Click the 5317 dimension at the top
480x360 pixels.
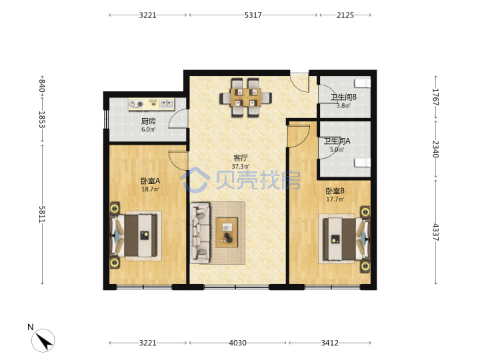pyautogui.click(x=253, y=15)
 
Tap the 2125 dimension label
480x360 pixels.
pyautogui.click(x=345, y=15)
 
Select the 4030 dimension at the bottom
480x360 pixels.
pyautogui.click(x=237, y=343)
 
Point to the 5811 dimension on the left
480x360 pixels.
pyautogui.click(x=42, y=214)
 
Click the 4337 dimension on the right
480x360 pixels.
pyautogui.click(x=435, y=233)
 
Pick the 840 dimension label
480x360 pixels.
pyautogui.click(x=42, y=85)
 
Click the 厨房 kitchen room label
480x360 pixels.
pyautogui.click(x=149, y=121)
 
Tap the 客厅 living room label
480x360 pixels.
pyautogui.click(x=240, y=158)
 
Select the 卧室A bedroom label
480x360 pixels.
pyautogui.click(x=150, y=181)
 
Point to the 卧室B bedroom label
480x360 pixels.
pyautogui.click(x=335, y=191)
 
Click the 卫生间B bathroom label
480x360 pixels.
pyautogui.click(x=343, y=97)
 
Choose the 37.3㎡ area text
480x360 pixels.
pyautogui.click(x=240, y=167)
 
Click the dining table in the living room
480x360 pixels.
pyautogui.click(x=246, y=98)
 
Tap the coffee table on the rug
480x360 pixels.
pyautogui.click(x=227, y=233)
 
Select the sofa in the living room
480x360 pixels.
pyautogui.click(x=200, y=233)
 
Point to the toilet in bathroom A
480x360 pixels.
pyautogui.click(x=363, y=163)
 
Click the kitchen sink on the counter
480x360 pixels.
pyautogui.click(x=167, y=104)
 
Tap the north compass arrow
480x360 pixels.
pyautogui.click(x=43, y=341)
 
